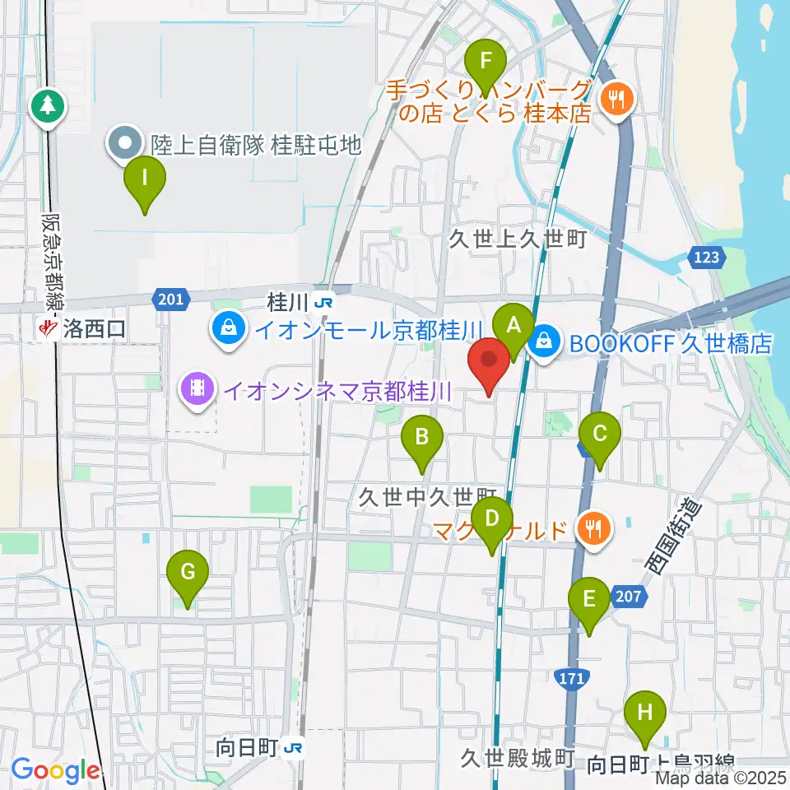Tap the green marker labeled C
click(600, 434)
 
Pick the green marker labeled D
click(492, 520)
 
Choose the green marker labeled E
click(589, 599)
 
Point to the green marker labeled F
click(486, 62)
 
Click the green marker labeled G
click(188, 573)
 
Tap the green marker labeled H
click(645, 713)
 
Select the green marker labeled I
click(145, 178)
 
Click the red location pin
click(490, 360)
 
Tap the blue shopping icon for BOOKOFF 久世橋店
click(544, 337)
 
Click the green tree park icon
click(48, 105)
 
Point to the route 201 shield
click(171, 298)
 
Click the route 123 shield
click(710, 257)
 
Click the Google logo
click(56, 770)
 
